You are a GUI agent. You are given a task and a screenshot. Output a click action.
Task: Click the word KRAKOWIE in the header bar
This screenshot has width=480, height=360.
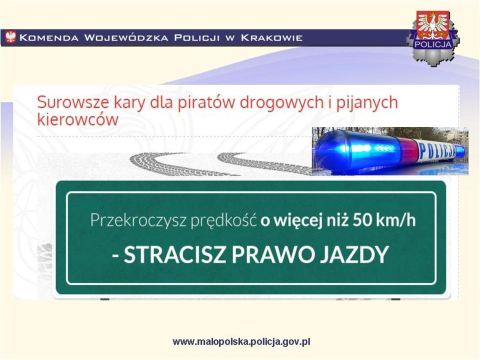pos(271,37)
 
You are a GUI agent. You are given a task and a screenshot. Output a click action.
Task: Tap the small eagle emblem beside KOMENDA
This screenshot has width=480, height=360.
pos(10,37)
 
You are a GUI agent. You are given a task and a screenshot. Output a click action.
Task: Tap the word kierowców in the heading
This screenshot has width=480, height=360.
pos(77,119)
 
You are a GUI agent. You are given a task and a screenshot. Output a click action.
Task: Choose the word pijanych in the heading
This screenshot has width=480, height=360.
pos(367,102)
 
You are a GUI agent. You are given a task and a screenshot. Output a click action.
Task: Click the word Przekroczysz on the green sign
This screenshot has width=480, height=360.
pos(138,220)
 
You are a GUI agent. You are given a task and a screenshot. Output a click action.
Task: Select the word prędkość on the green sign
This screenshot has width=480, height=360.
pos(223,220)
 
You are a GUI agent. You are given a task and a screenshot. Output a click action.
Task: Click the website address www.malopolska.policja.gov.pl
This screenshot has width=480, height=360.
pos(241,342)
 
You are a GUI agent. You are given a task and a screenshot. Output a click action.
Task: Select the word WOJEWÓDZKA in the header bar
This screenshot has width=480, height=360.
pos(126,37)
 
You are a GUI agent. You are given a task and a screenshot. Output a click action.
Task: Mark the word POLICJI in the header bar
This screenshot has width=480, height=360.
pos(197,37)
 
